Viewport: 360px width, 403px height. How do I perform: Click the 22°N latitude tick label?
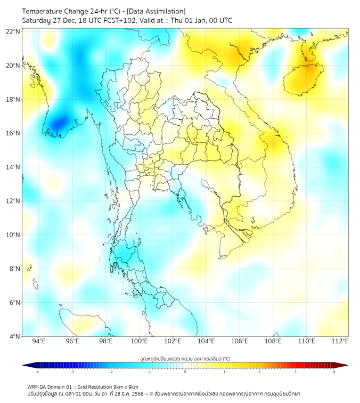pyautogui.click(x=13, y=31)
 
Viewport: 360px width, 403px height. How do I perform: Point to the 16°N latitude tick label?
pyautogui.click(x=13, y=133)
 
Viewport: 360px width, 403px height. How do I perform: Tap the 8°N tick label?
pyautogui.click(x=15, y=269)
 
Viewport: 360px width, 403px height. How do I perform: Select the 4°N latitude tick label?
pyautogui.click(x=15, y=336)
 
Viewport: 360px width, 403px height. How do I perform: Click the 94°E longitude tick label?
pyautogui.click(x=39, y=341)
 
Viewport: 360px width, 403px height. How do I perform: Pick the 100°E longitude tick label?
pyautogui.click(x=139, y=341)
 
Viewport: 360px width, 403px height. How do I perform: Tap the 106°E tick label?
pyautogui.click(x=240, y=341)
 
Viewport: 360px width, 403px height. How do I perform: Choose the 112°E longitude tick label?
pyautogui.click(x=340, y=341)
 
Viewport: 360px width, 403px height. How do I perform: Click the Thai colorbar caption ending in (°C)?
pyautogui.click(x=185, y=358)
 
